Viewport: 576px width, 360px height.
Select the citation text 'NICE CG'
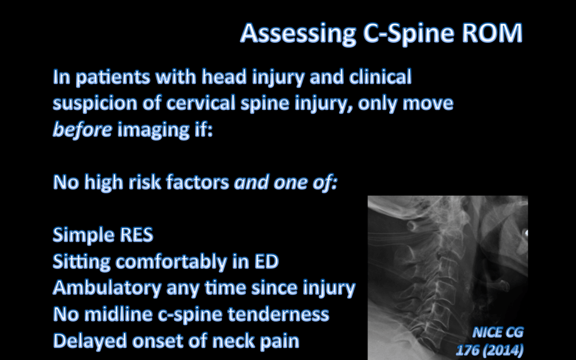(497, 332)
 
